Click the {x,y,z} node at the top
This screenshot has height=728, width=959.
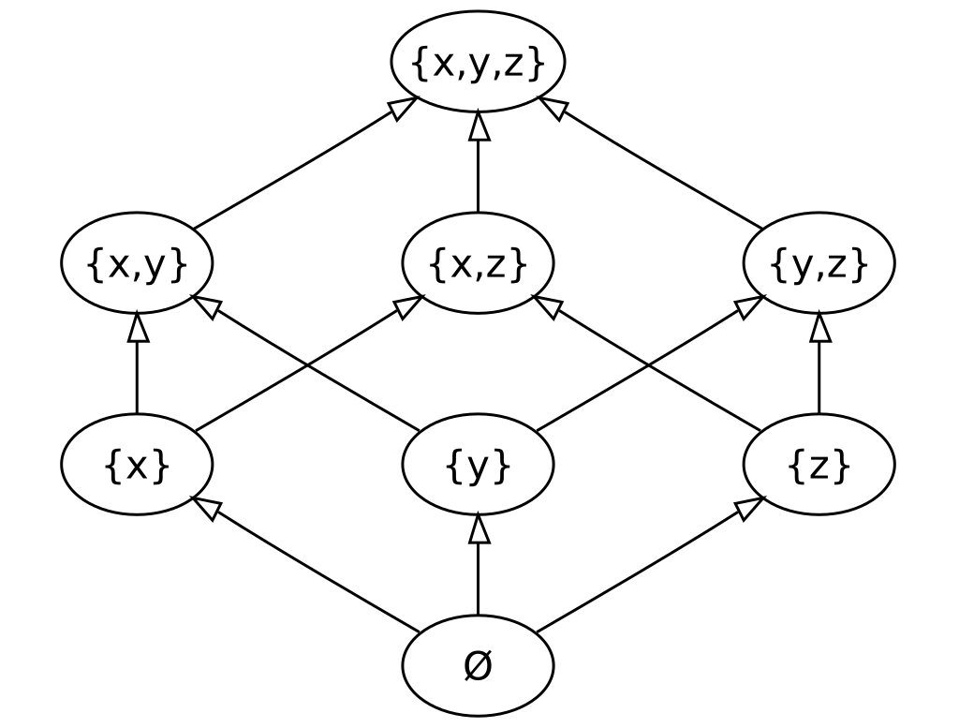click(478, 65)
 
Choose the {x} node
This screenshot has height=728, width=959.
click(137, 466)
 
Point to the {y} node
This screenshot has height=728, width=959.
click(478, 466)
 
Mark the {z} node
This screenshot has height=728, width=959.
click(819, 466)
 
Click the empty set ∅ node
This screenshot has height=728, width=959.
click(478, 666)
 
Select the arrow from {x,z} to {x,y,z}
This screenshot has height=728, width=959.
click(479, 164)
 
